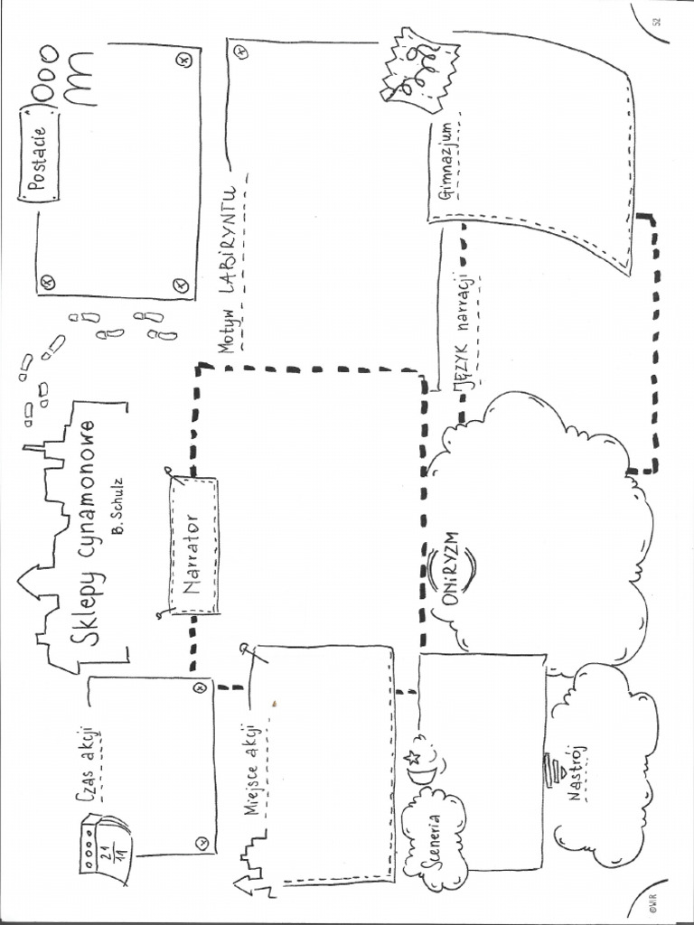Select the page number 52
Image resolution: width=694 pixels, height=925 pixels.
[658, 22]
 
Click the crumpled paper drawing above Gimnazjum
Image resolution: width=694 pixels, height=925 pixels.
[417, 68]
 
